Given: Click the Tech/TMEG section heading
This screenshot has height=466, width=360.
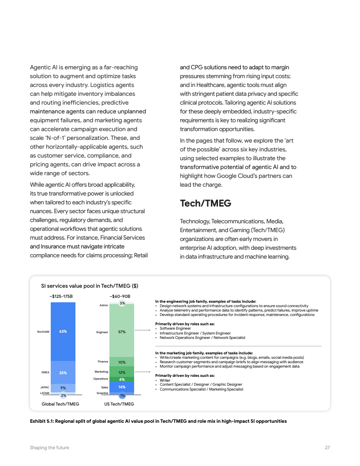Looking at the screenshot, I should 205,203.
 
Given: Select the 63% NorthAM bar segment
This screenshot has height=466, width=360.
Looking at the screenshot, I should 63,331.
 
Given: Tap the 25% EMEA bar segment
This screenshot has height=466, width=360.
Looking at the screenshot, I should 63,372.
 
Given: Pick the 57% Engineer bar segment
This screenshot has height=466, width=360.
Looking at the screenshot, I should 122,331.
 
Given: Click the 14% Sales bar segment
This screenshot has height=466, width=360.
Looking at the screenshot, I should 122,387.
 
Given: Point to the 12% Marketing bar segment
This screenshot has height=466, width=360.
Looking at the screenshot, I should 122,372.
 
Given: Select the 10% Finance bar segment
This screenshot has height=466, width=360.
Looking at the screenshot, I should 122,362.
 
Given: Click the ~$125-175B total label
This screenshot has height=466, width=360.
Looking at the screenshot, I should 61,296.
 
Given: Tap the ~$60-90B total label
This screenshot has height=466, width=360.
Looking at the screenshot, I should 120,296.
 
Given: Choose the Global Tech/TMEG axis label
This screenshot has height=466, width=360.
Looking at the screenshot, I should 60,404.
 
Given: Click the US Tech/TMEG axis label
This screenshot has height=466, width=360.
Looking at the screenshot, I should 119,404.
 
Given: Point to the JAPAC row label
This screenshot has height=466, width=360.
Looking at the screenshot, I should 44,387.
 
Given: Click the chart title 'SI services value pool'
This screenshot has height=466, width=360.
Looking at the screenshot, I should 90,286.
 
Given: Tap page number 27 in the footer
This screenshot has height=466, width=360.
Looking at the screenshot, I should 327,447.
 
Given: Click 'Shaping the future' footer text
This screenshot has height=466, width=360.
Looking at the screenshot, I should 49,447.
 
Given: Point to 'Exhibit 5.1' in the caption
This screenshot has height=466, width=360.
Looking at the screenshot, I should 41,421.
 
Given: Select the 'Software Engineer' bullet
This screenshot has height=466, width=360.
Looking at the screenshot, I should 175,328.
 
